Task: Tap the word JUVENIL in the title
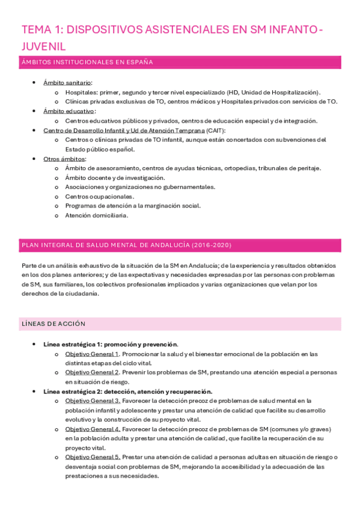pyautogui.click(x=43, y=46)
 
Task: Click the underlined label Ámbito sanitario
pyautogui.click(x=67, y=82)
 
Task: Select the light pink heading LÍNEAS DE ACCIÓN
pyautogui.click(x=53, y=324)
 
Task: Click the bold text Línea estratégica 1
pyautogui.click(x=73, y=345)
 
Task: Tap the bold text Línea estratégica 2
pyautogui.click(x=73, y=392)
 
